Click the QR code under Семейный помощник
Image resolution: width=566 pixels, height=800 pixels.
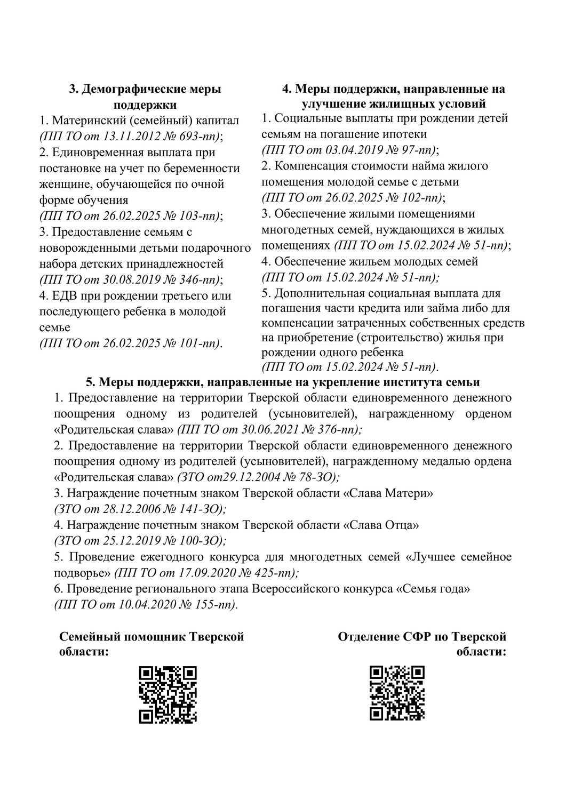(x=168, y=694)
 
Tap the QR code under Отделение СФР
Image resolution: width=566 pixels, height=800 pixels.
(x=397, y=693)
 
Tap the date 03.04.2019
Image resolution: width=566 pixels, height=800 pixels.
(x=348, y=149)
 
